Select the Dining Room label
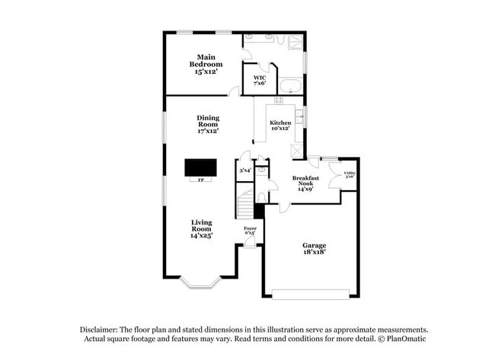208,124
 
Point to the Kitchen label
280,125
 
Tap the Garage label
314,250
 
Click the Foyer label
250,230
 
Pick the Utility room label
350,175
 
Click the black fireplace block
201,167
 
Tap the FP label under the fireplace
201,180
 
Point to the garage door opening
312,293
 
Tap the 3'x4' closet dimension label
245,171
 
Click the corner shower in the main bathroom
292,43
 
